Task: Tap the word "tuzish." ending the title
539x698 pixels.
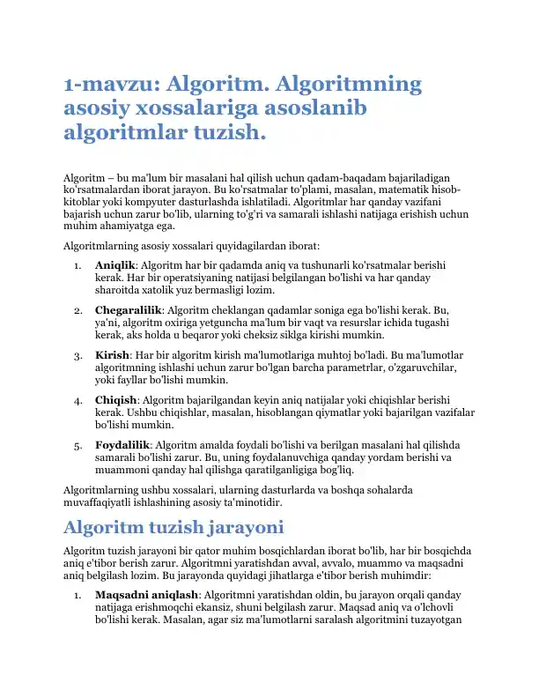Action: tap(226, 134)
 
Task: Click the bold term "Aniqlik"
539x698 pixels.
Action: tap(115, 264)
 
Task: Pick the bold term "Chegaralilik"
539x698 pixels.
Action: tap(128, 310)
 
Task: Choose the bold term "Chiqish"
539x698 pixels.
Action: tap(116, 399)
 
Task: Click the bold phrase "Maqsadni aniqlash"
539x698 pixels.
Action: tap(145, 596)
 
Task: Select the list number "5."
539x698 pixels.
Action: tap(78, 445)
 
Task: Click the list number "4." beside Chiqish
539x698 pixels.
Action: tap(78, 399)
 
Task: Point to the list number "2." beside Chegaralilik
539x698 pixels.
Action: tap(78, 310)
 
